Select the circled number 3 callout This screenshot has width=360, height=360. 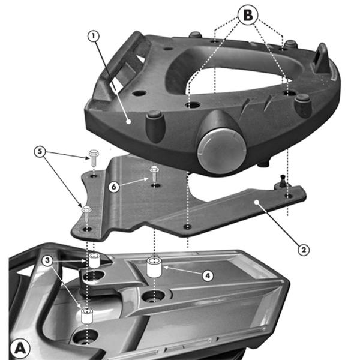(47, 260)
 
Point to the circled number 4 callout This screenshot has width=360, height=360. (206, 275)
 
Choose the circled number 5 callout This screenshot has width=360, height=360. (39, 151)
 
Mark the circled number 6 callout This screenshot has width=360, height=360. (113, 187)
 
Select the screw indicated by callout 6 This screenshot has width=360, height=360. (154, 173)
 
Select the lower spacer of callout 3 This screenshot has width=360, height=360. (88, 316)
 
